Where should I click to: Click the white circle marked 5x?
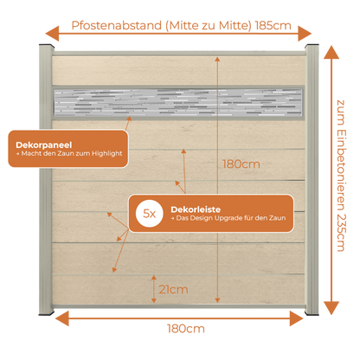point(150,214)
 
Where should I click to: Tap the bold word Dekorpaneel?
point(44,145)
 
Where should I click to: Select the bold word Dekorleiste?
point(196,209)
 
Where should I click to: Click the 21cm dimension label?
point(173,289)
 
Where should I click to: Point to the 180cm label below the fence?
point(186,329)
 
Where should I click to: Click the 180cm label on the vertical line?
point(241,164)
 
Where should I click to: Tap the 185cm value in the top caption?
point(273,25)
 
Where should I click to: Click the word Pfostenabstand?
point(117,25)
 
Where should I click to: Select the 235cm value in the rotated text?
point(341,233)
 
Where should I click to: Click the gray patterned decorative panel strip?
point(178,103)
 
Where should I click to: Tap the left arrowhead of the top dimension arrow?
point(52,34)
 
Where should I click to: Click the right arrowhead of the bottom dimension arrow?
point(297,318)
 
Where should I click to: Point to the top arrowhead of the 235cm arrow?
point(331,52)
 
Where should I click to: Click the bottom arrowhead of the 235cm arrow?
point(331,308)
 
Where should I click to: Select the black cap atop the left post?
point(46,46)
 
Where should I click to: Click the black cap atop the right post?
point(312,46)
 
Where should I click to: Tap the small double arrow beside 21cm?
point(154,289)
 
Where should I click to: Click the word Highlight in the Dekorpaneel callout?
point(107,153)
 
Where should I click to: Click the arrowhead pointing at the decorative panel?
point(129,119)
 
